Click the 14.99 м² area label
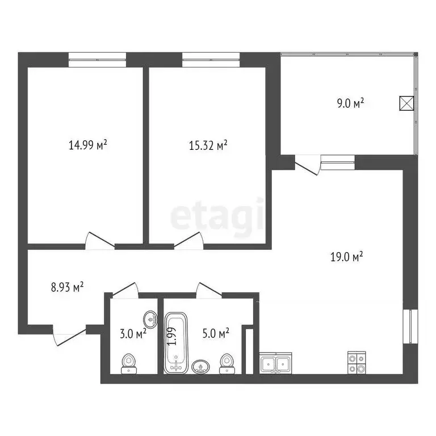click(x=88, y=145)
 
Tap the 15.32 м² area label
click(x=208, y=145)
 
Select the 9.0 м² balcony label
click(x=350, y=103)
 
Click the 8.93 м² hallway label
click(x=67, y=287)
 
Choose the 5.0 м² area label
click(x=216, y=333)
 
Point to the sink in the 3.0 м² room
click(x=150, y=317)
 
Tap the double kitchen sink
click(x=276, y=363)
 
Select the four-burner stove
click(x=356, y=363)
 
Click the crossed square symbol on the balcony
click(x=406, y=103)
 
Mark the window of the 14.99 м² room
click(x=97, y=56)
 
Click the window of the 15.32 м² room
click(x=211, y=56)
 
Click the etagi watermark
click(x=217, y=216)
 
